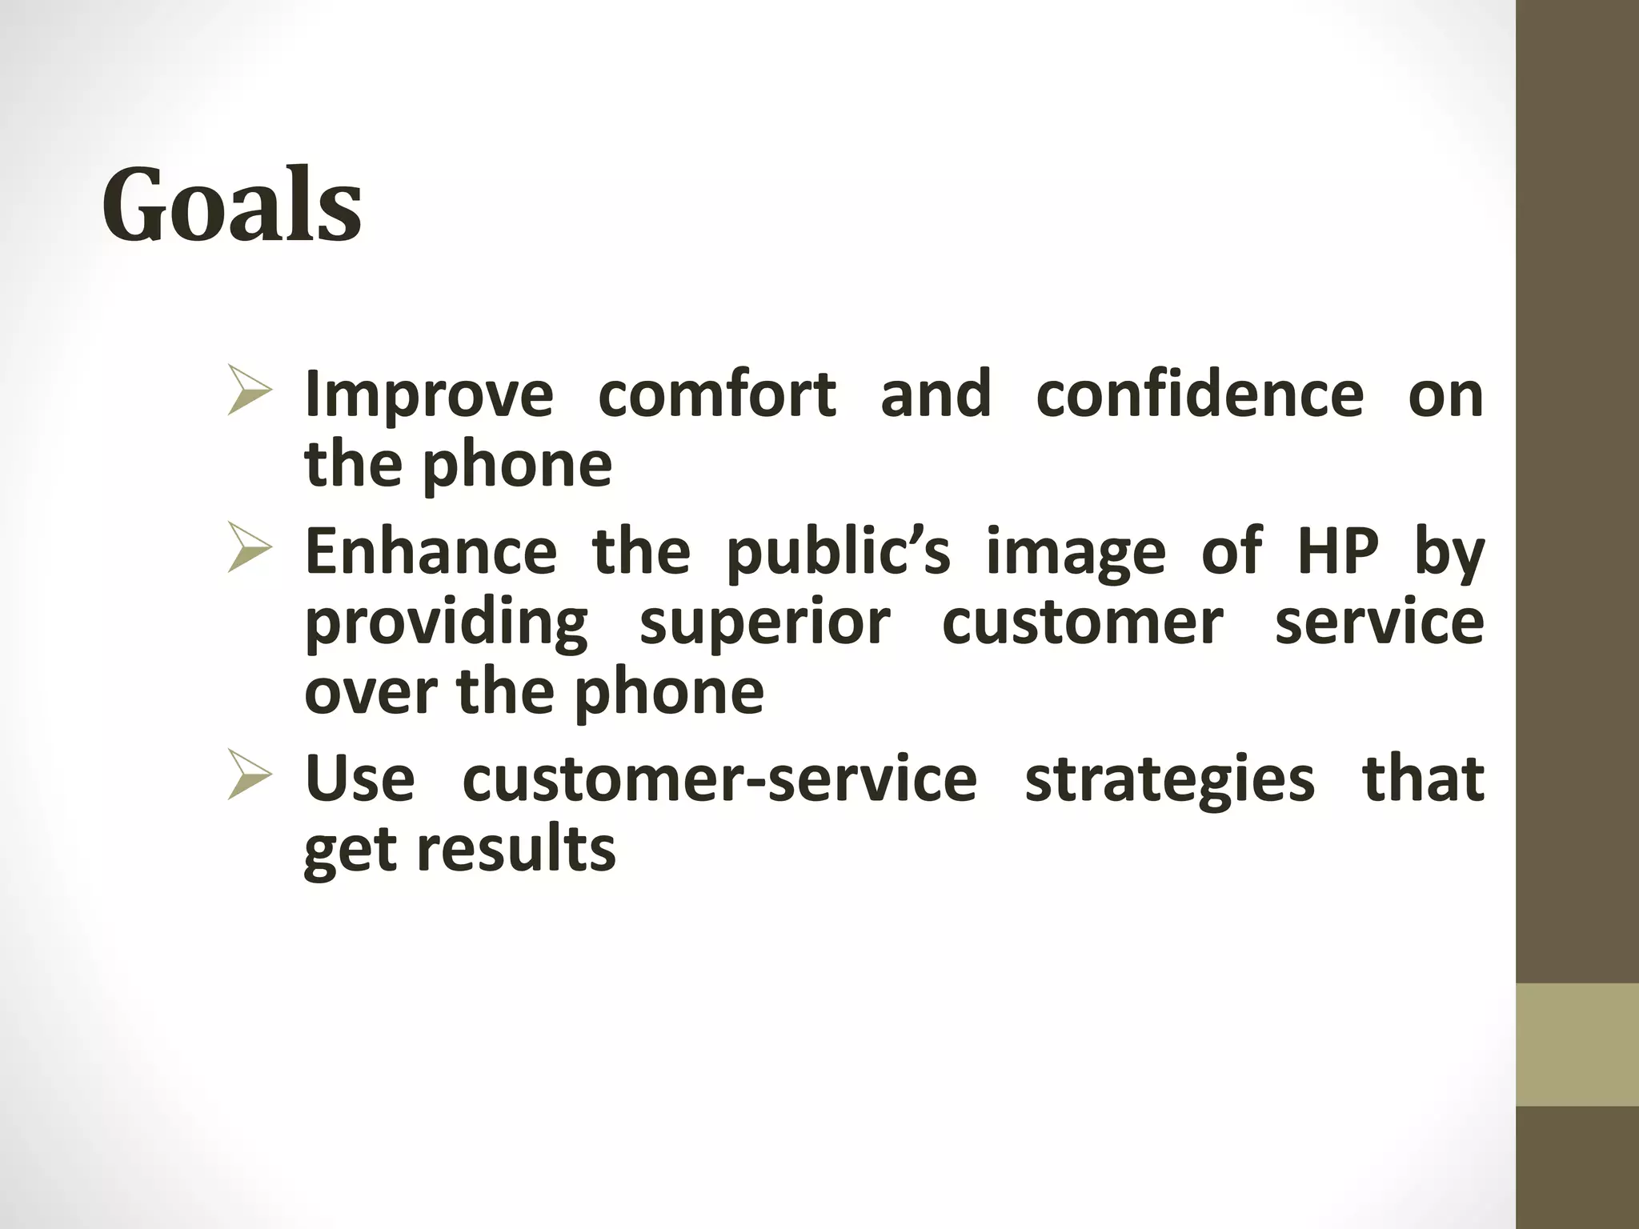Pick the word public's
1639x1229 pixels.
[x=838, y=552]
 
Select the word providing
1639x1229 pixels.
[x=447, y=624]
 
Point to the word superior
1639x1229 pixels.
[x=764, y=624]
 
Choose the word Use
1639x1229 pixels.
[x=360, y=778]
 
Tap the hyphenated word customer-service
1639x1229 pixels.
[x=719, y=778]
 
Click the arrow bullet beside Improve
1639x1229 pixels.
[x=250, y=390]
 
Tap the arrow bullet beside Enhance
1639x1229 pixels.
[x=250, y=547]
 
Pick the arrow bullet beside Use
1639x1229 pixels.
[x=250, y=775]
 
